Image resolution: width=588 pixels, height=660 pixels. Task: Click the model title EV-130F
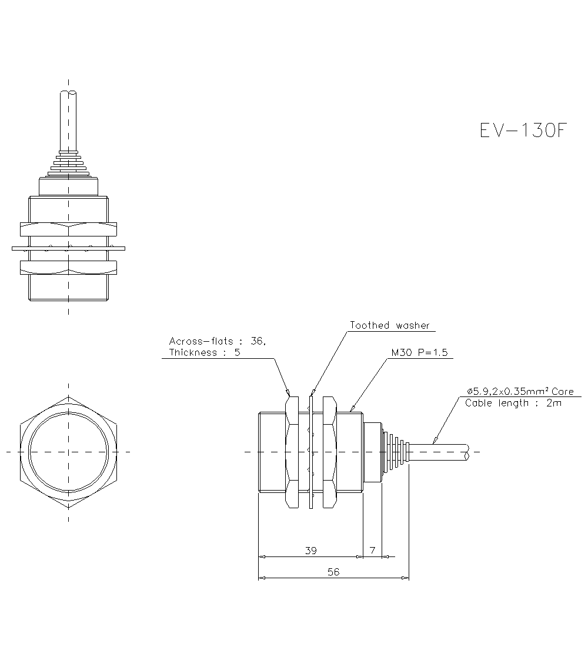[523, 131]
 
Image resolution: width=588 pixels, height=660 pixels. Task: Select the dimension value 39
[311, 551]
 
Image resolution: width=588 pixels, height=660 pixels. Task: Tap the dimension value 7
[372, 551]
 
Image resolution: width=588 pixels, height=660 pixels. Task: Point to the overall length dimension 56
[333, 572]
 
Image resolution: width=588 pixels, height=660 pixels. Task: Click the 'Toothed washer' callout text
[390, 325]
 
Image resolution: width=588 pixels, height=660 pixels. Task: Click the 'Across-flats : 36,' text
[218, 341]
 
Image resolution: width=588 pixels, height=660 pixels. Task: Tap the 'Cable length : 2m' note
[513, 403]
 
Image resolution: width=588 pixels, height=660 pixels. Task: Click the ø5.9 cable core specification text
[520, 392]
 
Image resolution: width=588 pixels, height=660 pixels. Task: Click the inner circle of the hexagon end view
[69, 452]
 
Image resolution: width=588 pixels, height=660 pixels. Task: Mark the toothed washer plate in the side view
[312, 452]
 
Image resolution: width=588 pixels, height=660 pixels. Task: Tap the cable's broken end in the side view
[467, 452]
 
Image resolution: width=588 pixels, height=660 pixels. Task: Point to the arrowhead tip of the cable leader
[433, 443]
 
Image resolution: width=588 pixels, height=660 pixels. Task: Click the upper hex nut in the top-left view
[69, 229]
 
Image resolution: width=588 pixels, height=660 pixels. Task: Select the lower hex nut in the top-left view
[69, 268]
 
